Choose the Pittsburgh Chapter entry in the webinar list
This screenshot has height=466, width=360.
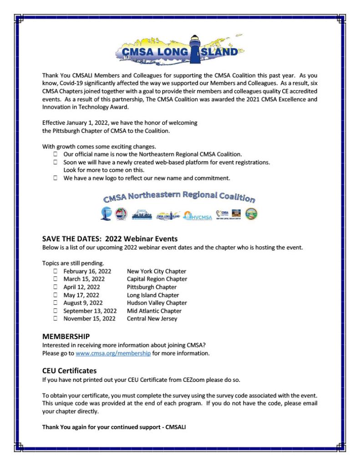(x=152, y=287)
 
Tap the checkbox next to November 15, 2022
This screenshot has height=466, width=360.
(x=55, y=319)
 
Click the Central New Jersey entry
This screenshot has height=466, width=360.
(x=152, y=319)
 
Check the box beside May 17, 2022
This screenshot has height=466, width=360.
(x=55, y=295)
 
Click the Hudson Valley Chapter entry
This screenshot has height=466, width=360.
(x=157, y=303)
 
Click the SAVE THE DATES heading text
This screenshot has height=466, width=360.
(x=109, y=239)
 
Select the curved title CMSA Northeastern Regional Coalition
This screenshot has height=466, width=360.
(x=179, y=197)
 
